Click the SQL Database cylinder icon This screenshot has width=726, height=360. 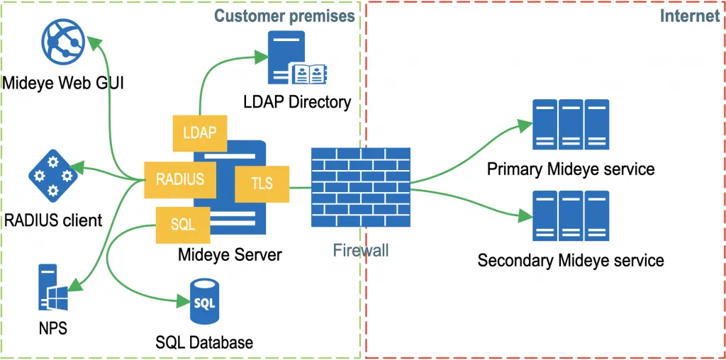(204, 301)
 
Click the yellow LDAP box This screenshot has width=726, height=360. (199, 133)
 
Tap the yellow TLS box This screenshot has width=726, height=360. (262, 184)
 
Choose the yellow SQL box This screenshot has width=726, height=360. (182, 225)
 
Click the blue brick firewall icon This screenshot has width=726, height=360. (360, 187)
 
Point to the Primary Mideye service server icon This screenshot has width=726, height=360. (570, 125)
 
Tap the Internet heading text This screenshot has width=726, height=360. (689, 16)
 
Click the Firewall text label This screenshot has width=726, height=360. (360, 250)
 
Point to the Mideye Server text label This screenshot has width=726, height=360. (229, 254)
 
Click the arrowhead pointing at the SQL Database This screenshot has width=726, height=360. (180, 303)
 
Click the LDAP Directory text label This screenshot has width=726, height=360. (296, 102)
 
